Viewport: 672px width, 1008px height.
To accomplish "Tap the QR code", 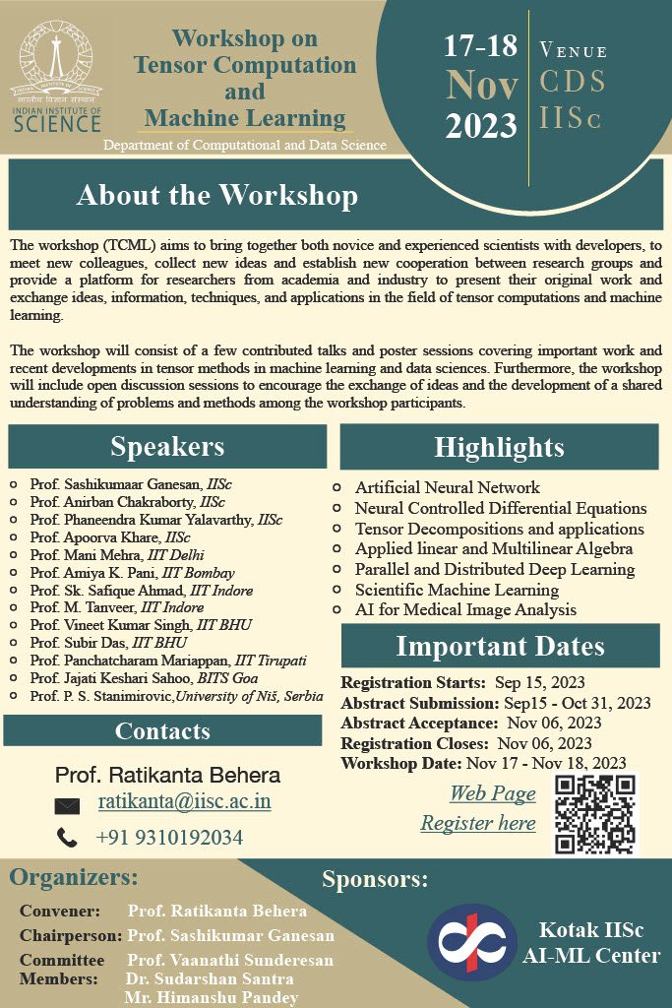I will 595,814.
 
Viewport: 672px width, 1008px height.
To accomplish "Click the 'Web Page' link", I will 492,793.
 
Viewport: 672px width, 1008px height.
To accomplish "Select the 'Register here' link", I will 478,823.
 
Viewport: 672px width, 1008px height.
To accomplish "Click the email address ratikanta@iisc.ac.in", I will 184,801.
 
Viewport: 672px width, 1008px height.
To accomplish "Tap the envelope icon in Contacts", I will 67,805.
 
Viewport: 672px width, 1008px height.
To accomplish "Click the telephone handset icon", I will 67,838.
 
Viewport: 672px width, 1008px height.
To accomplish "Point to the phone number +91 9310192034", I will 169,838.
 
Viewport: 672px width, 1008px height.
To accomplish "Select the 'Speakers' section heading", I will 167,447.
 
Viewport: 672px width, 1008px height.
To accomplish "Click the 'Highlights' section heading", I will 499,448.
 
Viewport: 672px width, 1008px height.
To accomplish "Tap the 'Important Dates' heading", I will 500,646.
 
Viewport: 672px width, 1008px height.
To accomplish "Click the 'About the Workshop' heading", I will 217,195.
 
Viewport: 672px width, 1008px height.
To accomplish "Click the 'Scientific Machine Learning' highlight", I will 457,590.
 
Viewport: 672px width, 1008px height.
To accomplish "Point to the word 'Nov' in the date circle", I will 481,85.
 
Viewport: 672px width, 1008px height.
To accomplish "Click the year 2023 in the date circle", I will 481,125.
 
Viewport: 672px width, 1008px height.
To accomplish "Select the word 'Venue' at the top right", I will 574,50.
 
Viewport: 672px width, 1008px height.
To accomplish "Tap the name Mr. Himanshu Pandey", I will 211,997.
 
